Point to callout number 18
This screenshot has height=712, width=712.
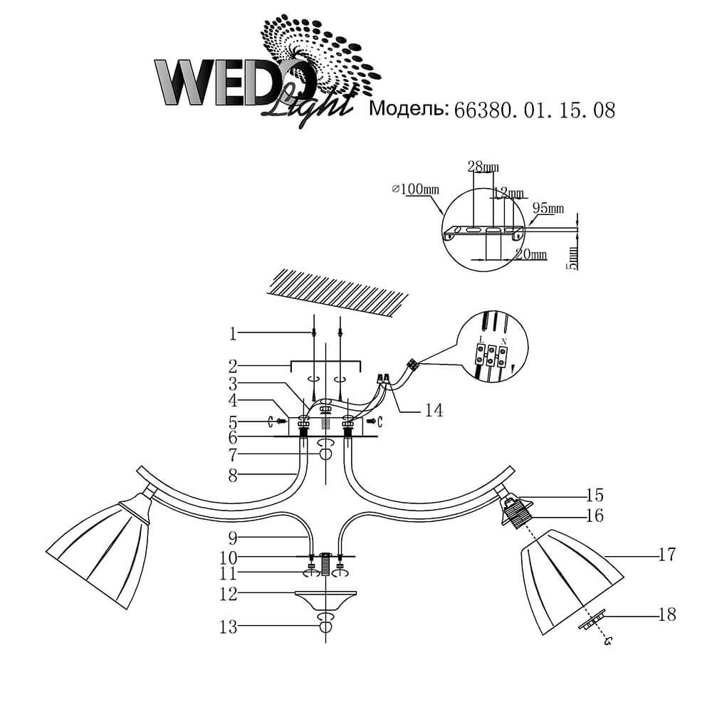pos(667,613)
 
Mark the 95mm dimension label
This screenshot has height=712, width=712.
pos(548,209)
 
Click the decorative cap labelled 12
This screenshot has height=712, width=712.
pos(327,599)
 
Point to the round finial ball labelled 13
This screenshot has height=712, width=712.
pos(326,627)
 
